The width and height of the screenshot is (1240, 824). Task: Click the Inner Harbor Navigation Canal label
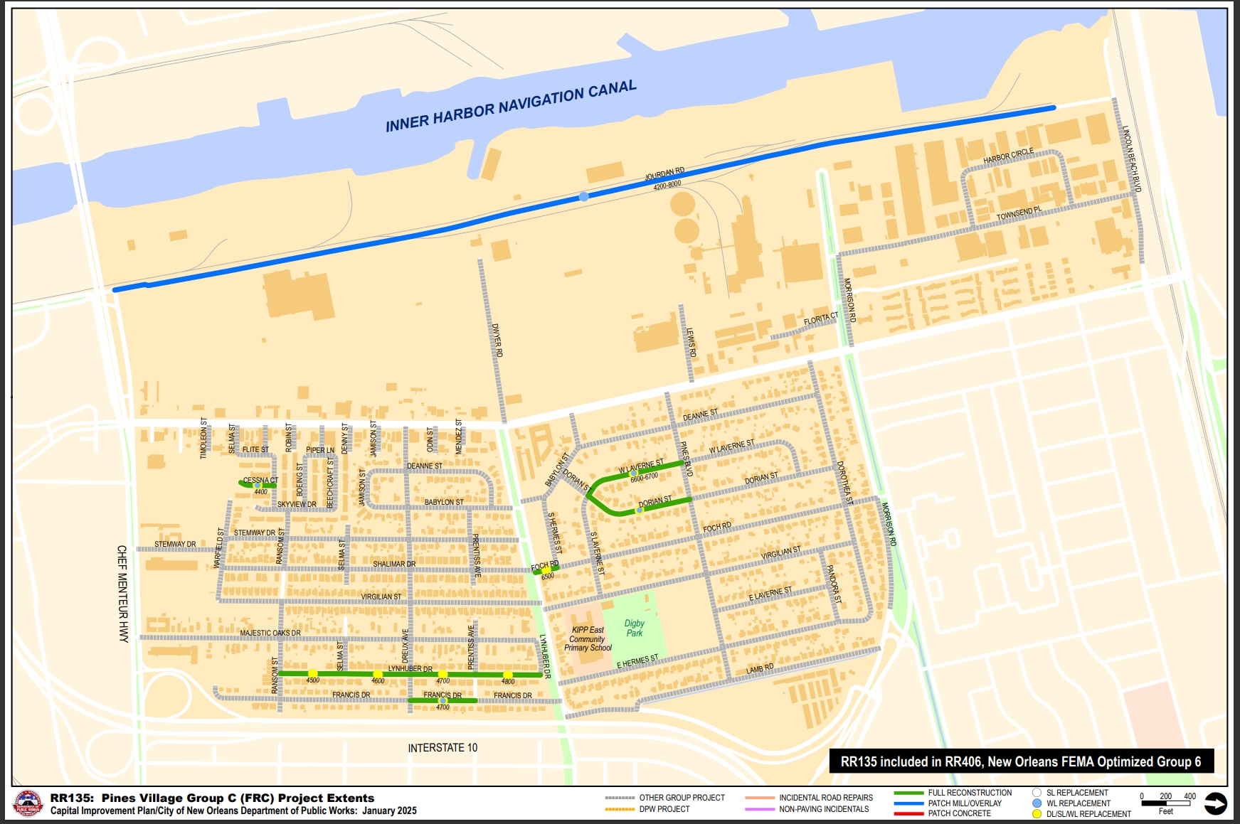511,106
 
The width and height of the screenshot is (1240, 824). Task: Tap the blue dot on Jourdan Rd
583,196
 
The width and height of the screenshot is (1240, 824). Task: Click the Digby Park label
634,628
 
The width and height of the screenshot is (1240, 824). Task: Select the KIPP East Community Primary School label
588,638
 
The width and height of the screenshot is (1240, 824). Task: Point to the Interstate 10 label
443,748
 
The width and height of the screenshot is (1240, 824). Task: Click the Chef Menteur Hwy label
122,594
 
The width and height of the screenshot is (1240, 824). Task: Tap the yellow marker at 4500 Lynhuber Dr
312,673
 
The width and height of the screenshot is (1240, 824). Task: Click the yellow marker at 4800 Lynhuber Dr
507,675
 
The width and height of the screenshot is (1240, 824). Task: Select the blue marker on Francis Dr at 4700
443,701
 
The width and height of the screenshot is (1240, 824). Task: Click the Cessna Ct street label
260,480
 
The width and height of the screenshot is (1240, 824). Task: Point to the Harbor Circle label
1008,156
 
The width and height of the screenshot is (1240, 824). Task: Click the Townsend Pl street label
1019,213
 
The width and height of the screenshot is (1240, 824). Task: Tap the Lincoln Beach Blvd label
1131,159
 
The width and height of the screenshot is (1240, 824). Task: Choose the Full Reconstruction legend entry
970,793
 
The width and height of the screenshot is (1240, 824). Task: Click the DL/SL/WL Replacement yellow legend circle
1037,813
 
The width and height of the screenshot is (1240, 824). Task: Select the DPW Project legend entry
664,809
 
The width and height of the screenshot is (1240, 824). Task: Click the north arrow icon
1215,803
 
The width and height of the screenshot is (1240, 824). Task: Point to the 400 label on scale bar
1189,796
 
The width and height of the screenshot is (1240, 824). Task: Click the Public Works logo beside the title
28,803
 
